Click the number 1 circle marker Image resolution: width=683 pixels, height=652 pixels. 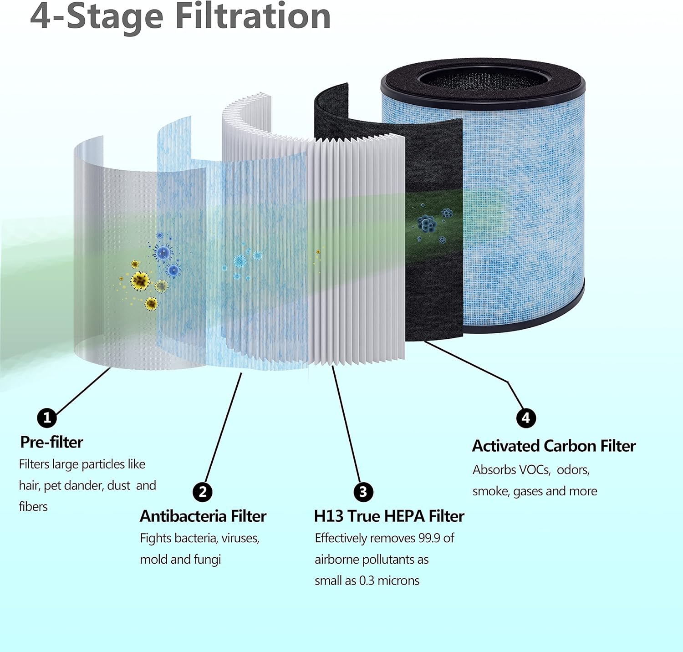point(47,418)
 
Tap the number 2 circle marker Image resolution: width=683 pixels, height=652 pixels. point(203,492)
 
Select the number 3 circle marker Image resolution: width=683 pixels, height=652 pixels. point(363,492)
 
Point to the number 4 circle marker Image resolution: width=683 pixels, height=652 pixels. point(526,418)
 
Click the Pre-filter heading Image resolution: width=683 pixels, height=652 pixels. point(51,442)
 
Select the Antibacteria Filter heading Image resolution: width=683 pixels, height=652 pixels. point(203,516)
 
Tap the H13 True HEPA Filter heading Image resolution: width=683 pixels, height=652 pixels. point(389,516)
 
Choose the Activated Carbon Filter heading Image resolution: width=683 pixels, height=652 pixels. point(554,446)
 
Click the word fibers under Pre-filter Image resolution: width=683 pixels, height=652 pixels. point(33,507)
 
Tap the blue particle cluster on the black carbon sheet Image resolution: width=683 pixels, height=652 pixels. point(427,223)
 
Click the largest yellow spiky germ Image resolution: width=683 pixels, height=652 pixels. point(140,280)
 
